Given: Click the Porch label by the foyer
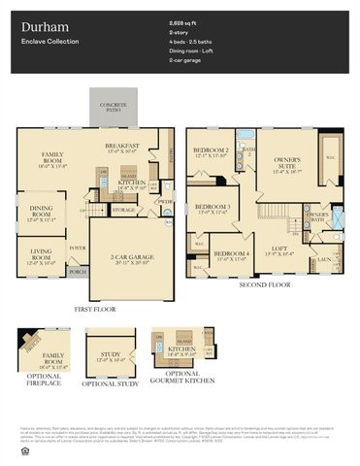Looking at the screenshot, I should tap(77, 272).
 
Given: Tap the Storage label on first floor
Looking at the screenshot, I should tap(123, 210).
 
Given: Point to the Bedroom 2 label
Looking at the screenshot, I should tap(211, 151).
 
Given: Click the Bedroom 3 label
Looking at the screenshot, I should tap(213, 209).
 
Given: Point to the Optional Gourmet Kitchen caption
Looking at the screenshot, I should tap(181, 377).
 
